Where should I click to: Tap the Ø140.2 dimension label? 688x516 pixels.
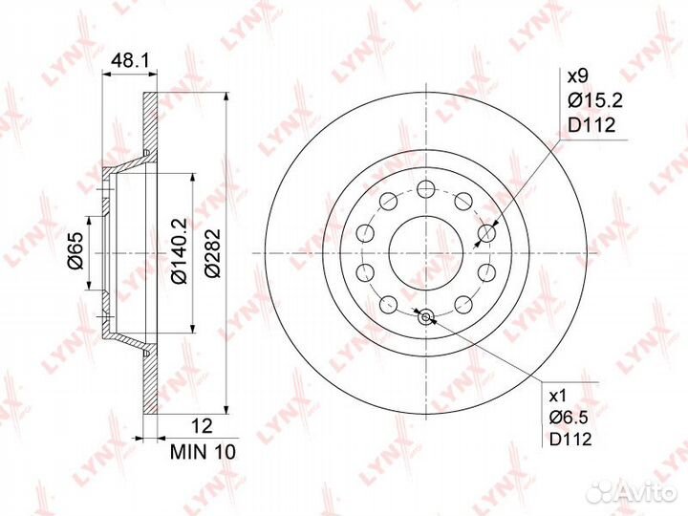coord(179,250)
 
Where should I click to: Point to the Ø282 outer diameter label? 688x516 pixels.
coord(212,252)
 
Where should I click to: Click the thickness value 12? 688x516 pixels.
coord(203,426)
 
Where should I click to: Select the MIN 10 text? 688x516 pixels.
coord(203,452)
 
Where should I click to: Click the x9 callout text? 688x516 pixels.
coord(577,77)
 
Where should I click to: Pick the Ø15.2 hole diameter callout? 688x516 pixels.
coord(595,101)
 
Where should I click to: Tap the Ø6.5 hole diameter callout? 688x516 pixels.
coord(569,418)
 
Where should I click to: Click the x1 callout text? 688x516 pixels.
coord(558,397)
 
